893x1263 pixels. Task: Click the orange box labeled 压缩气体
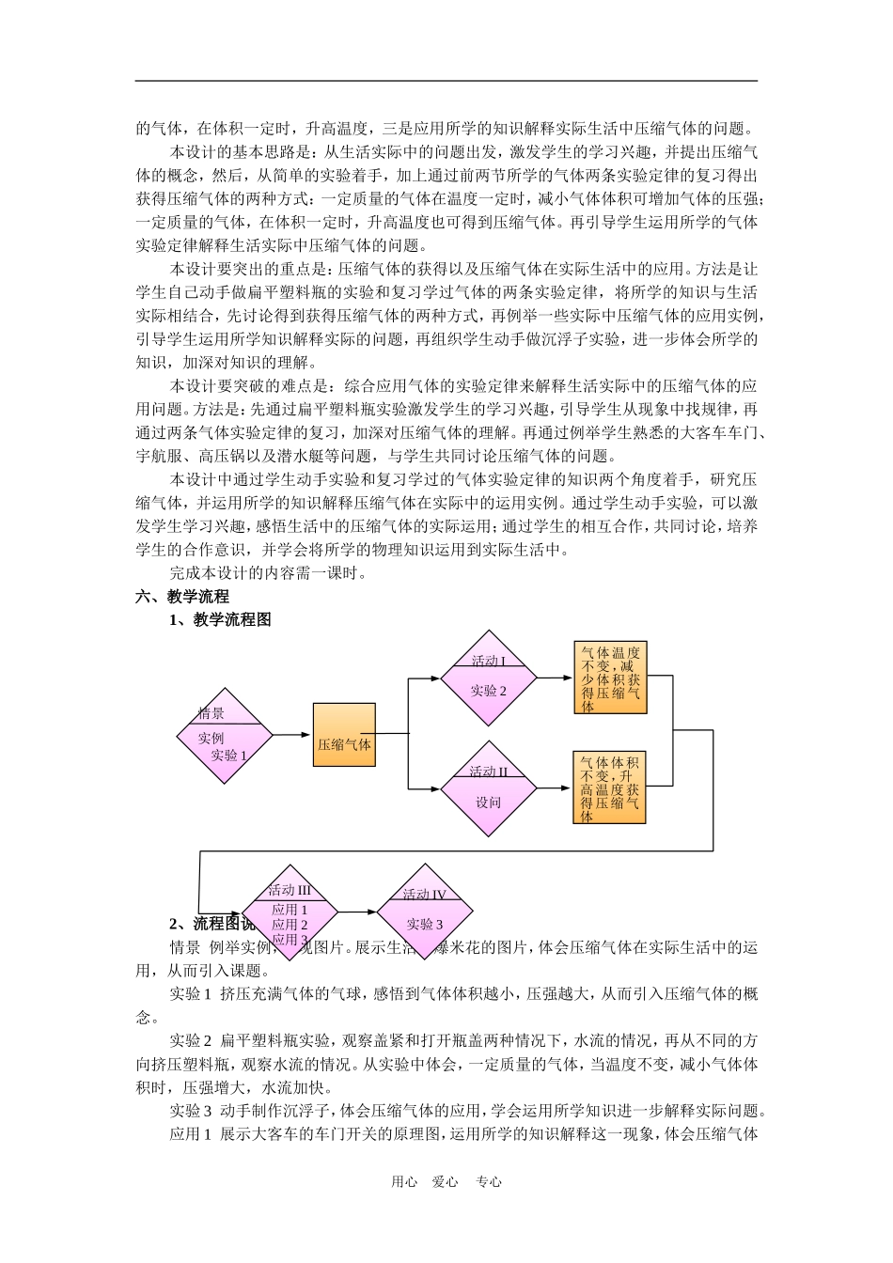point(344,735)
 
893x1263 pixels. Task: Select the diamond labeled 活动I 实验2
point(488,678)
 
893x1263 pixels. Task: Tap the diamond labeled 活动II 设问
point(488,788)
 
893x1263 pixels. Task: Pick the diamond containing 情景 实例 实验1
point(225,736)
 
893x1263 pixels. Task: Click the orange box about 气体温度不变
point(610,678)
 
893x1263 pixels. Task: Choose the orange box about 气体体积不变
point(610,787)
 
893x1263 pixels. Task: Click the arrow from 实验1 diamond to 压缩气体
point(292,735)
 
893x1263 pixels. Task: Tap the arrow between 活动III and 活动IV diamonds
point(357,912)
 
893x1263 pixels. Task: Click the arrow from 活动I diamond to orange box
point(555,677)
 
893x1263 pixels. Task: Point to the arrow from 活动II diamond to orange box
point(555,787)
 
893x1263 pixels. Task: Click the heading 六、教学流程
point(182,596)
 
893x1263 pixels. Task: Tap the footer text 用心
point(404,1182)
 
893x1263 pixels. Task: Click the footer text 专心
point(489,1182)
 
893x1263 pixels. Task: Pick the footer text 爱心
point(446,1182)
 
